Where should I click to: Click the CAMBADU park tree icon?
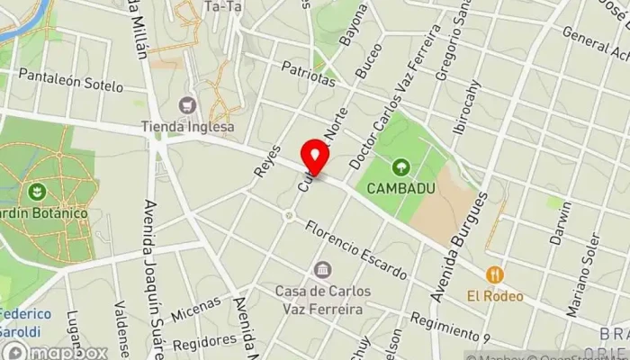tap(400, 166)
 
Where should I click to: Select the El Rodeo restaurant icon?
tap(494, 274)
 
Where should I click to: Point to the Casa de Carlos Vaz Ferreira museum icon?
tap(322, 270)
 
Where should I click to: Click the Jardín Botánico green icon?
tap(37, 192)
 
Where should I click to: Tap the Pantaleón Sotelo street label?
tap(70, 80)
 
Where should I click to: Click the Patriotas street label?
tap(308, 74)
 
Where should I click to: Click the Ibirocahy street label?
tap(467, 108)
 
